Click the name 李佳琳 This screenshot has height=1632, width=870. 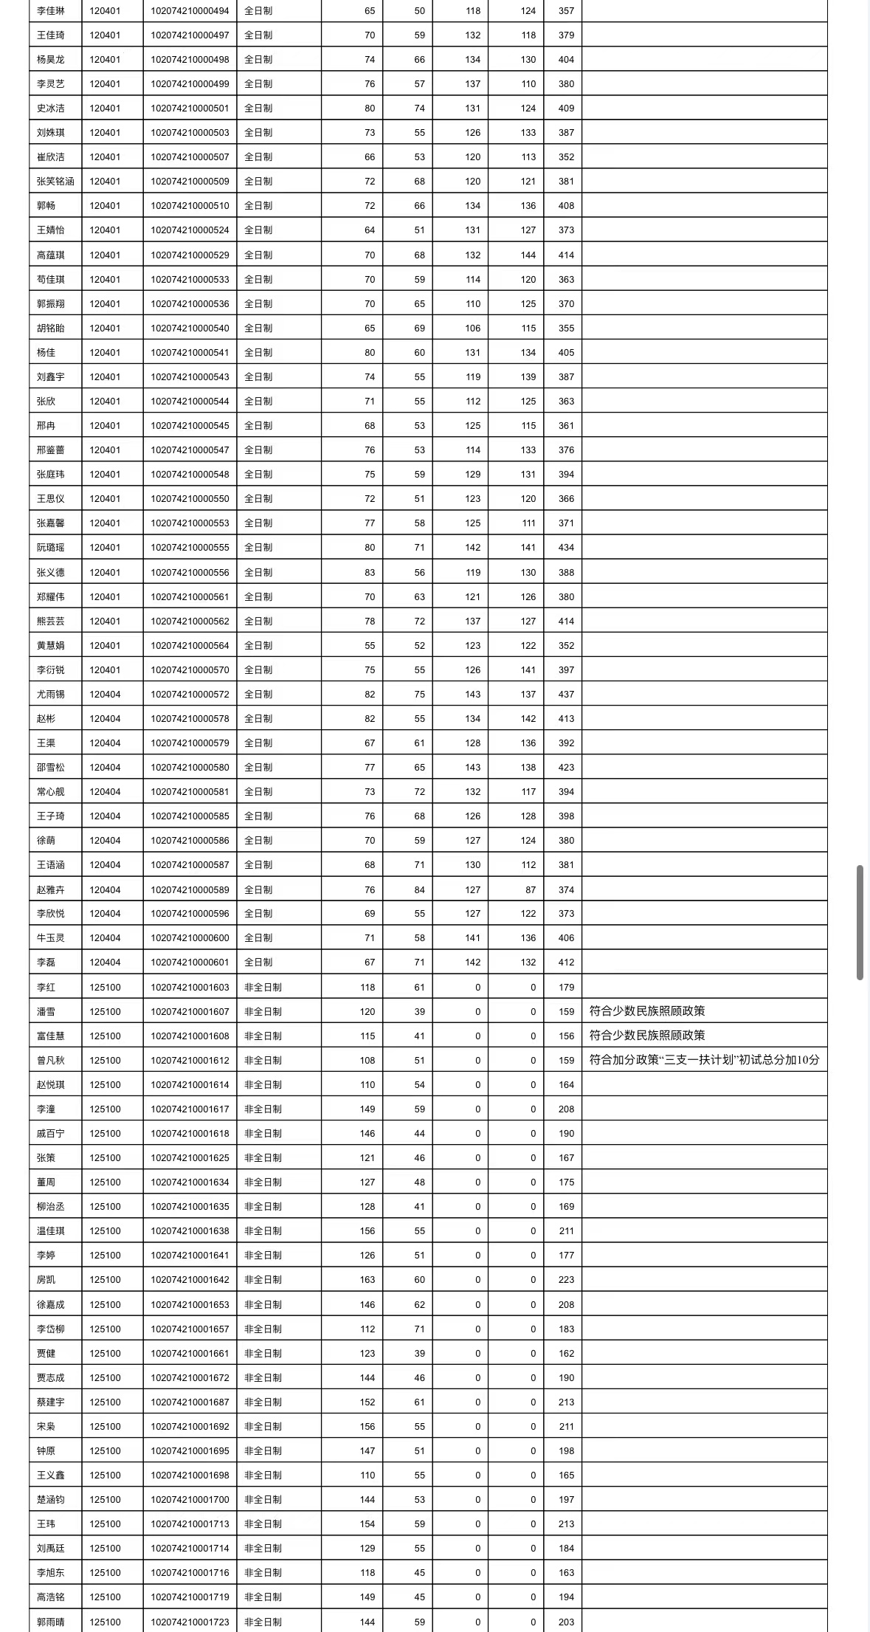51,11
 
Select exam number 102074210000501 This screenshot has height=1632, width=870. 190,109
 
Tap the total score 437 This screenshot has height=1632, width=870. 566,695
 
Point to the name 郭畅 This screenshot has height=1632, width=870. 46,206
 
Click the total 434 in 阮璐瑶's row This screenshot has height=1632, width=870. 566,548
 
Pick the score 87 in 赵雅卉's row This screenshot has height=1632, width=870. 531,890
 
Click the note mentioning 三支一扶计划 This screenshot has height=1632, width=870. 704,1060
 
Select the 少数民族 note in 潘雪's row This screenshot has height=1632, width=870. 647,1011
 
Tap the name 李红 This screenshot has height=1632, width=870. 46,988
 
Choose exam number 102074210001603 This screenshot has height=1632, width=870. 190,988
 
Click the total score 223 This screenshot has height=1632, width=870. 566,1280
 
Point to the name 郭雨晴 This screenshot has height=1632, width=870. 51,1622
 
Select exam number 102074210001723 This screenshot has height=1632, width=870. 190,1622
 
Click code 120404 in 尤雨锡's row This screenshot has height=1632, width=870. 105,695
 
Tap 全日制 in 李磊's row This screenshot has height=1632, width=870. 258,963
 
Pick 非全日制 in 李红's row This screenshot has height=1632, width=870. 263,988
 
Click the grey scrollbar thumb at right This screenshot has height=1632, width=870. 860,923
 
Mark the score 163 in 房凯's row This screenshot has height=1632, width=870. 367,1280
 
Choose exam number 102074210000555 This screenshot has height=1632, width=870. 190,548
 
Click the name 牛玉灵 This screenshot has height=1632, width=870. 51,938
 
